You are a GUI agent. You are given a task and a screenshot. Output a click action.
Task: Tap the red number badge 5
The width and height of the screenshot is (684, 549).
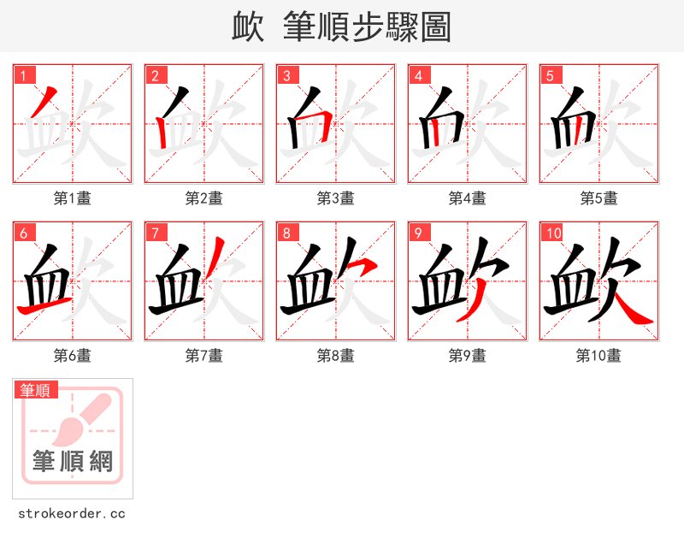[x=550, y=75]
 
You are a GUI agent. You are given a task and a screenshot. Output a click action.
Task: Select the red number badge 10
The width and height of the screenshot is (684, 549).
[x=551, y=233]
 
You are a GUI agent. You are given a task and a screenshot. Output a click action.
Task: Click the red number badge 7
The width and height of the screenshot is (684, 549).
[x=155, y=233]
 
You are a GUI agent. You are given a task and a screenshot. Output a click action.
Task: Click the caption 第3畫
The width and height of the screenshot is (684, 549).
[x=335, y=198]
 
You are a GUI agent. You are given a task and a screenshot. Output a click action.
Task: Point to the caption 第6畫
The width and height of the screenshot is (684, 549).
[x=72, y=356]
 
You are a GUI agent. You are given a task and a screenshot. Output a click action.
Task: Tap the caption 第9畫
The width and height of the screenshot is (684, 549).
[x=467, y=356]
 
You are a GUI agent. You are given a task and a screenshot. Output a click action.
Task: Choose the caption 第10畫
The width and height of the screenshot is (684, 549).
[x=598, y=356]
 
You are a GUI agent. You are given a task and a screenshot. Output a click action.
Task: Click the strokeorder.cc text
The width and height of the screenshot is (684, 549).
[x=72, y=514]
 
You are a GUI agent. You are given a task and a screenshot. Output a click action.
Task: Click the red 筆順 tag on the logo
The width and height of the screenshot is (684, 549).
[x=37, y=390]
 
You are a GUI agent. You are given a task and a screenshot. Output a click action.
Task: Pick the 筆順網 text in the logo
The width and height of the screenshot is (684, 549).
[x=73, y=462]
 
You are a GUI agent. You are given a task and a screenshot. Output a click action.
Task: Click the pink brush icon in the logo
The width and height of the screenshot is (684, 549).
[x=78, y=418]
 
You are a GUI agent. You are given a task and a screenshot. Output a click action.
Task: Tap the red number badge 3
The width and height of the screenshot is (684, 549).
[x=286, y=75]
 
